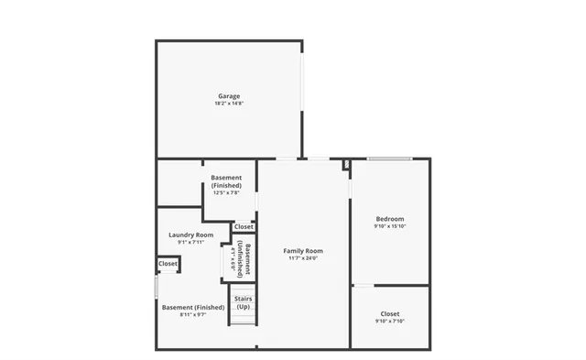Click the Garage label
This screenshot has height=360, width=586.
tap(229, 96)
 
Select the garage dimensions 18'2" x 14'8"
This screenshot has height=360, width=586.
tap(229, 104)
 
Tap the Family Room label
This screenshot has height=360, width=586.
tap(303, 250)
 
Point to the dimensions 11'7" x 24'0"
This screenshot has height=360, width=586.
tap(303, 257)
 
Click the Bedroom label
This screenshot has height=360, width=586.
tap(389, 218)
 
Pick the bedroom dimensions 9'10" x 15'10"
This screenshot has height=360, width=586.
tap(389, 226)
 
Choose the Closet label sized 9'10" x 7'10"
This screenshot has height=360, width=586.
tap(389, 313)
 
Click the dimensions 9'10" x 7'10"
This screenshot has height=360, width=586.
tap(389, 322)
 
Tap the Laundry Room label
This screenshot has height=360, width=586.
tap(191, 235)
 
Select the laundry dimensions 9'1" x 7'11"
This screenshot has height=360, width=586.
tap(191, 242)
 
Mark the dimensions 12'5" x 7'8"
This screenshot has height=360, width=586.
tap(226, 192)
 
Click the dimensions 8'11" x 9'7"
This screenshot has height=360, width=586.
tap(191, 315)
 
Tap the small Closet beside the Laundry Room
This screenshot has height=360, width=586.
tap(168, 264)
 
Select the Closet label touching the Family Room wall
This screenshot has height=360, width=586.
tap(244, 226)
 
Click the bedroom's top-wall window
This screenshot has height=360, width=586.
tap(388, 159)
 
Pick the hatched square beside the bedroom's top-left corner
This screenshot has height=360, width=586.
tap(347, 165)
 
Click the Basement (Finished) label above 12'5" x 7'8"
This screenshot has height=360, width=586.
tap(226, 180)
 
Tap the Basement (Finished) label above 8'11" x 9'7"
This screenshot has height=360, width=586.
tap(192, 307)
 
